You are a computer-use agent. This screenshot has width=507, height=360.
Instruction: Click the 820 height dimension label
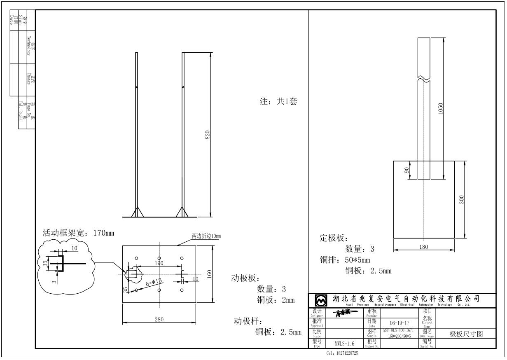click(x=208, y=134)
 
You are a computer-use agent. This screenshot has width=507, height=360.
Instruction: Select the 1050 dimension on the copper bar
click(x=440, y=109)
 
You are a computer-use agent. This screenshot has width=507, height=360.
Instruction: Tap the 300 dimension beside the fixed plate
click(x=461, y=199)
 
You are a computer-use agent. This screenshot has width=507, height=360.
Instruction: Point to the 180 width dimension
click(x=423, y=247)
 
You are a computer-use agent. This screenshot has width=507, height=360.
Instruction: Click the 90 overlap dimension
click(x=407, y=170)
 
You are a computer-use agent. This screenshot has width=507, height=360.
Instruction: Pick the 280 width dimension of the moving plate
click(x=159, y=320)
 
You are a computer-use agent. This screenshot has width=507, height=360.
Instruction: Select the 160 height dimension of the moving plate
click(x=209, y=274)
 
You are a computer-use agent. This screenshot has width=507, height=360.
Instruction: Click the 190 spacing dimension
click(x=159, y=263)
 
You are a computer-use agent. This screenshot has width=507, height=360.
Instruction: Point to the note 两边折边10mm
click(x=206, y=236)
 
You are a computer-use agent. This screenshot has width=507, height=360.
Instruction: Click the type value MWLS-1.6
click(x=344, y=343)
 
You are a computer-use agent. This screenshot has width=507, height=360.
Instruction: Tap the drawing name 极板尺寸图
click(x=465, y=334)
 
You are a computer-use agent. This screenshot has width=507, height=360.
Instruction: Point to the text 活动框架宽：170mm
click(x=79, y=233)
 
